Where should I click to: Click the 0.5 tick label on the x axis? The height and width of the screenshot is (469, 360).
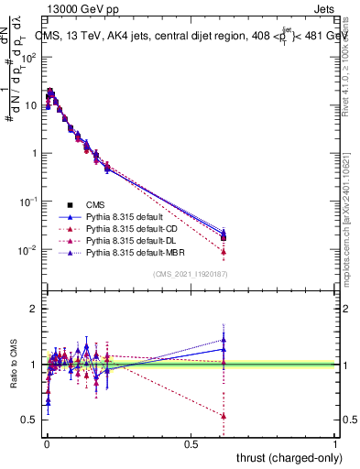click(191, 443)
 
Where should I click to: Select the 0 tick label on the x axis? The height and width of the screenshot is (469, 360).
click(47, 443)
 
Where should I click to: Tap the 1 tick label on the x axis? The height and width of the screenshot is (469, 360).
click(336, 443)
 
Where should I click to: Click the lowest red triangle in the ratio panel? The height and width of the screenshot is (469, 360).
click(224, 416)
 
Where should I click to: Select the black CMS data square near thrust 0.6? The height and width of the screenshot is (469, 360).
click(224, 238)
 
